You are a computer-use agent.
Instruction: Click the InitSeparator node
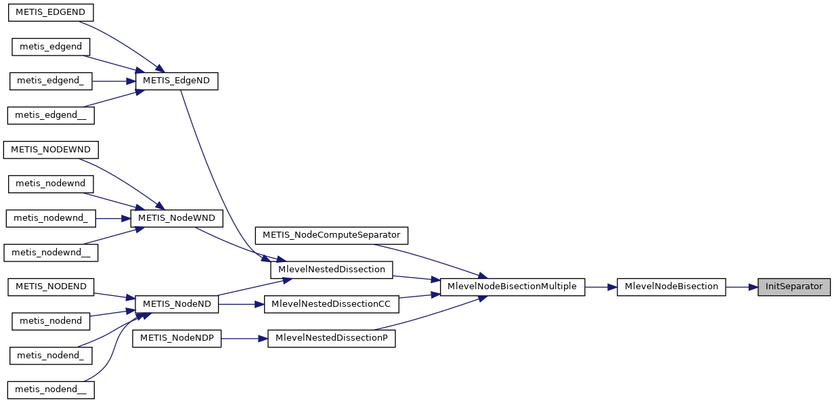tap(793, 287)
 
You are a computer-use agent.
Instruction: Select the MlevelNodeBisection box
tap(671, 287)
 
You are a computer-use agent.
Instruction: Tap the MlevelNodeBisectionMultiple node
tap(512, 287)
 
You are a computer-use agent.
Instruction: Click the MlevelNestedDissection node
tap(332, 270)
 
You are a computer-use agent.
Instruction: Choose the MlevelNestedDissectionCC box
tap(331, 304)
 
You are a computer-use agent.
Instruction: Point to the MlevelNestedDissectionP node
tap(331, 339)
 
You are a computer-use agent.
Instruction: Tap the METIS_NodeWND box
tap(177, 218)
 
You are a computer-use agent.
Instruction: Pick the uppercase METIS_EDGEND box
tap(50, 12)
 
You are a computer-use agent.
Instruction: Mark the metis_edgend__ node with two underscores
tap(50, 115)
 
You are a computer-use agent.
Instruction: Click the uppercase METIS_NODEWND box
tap(51, 149)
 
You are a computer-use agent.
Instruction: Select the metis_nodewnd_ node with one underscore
tap(51, 218)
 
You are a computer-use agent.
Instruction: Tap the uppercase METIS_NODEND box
tap(51, 287)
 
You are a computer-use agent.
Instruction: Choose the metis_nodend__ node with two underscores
tap(51, 389)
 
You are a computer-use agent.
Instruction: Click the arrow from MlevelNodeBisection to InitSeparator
tap(741, 287)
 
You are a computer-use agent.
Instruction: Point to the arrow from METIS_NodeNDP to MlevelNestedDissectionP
tap(244, 339)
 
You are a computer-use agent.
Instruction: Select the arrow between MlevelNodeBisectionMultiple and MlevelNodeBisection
tap(600, 287)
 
